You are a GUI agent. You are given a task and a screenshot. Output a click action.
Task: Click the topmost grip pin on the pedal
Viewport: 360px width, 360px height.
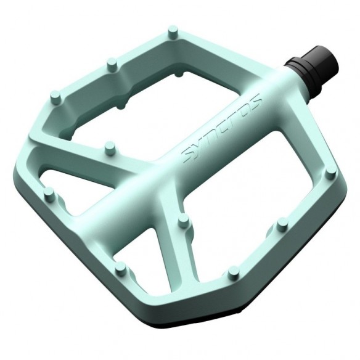click(x=173, y=31)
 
